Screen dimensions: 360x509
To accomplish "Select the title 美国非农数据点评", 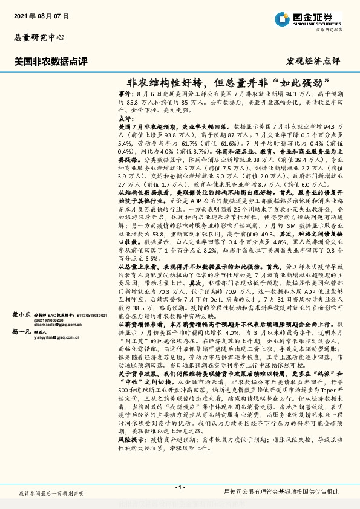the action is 51,61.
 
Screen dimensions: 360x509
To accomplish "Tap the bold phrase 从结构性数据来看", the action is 144,190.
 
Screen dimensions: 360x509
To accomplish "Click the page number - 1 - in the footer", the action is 180,487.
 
